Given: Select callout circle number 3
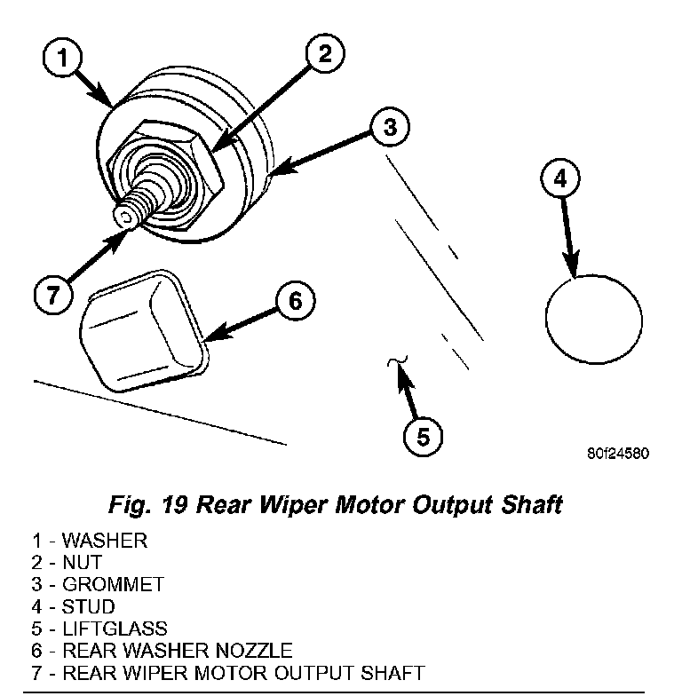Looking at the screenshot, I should (x=388, y=127).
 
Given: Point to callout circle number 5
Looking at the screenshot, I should (x=423, y=436).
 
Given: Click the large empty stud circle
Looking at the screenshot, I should (x=593, y=319).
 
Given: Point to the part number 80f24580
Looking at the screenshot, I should (x=618, y=452).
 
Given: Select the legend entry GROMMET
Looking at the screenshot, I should (x=101, y=585).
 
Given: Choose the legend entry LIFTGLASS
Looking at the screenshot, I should (x=105, y=629).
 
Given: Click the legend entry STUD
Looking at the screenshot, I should (x=89, y=607).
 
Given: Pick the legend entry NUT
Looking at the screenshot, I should (x=83, y=563).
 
